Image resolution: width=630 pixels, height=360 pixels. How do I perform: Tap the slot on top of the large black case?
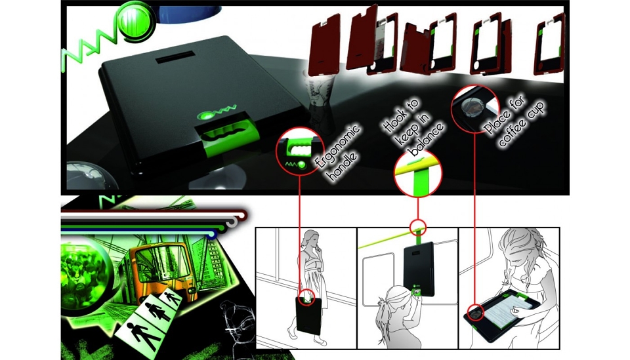tap(176, 56)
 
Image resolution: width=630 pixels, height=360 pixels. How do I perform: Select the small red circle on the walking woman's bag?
tap(307, 298)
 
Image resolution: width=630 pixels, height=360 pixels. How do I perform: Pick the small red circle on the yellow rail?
tap(418, 228)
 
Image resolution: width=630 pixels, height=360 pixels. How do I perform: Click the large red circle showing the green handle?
tap(300, 151)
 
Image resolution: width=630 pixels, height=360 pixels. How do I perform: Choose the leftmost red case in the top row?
tap(325, 43)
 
